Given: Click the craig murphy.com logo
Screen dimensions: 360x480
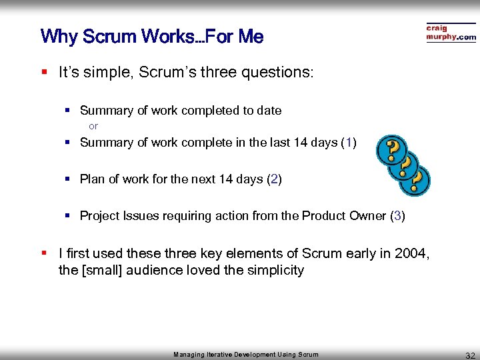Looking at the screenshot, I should coord(451,33).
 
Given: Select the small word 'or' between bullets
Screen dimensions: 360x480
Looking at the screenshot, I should coord(93,126).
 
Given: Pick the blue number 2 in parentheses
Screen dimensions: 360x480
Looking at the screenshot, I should coord(274,179).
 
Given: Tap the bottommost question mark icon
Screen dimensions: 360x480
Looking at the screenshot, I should coord(417,181).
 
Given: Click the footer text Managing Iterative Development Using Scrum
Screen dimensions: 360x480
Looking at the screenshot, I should coord(246,355).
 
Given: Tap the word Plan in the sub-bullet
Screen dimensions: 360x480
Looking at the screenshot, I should coord(91,179).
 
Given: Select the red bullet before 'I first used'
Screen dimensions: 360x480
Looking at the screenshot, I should coord(43,253).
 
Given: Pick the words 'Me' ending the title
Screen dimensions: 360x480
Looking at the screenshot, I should coord(251,37).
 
